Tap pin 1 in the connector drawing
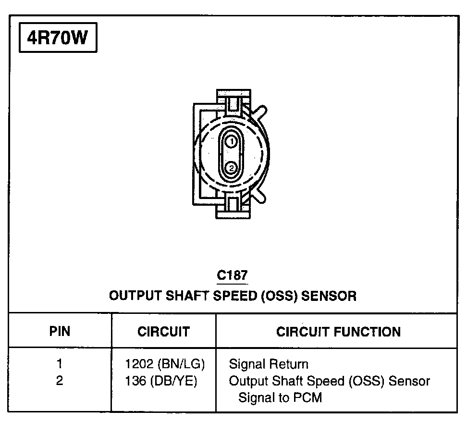click(231, 142)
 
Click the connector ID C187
click(233, 275)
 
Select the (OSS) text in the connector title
click(278, 295)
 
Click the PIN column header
click(60, 331)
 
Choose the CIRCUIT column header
click(163, 331)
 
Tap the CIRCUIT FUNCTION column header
click(338, 331)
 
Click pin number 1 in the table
click(60, 364)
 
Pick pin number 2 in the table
click(60, 381)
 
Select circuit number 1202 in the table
click(138, 364)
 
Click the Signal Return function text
click(269, 364)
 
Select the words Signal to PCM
click(280, 398)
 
